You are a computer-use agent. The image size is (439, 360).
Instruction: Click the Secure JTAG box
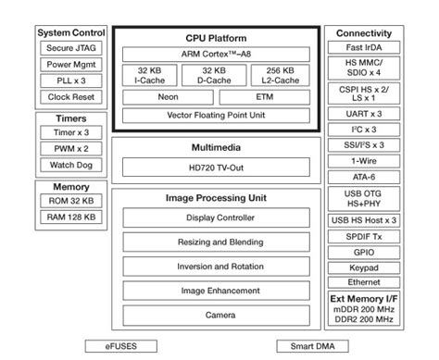[x=72, y=48]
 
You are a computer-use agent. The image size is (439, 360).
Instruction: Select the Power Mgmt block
[x=72, y=65]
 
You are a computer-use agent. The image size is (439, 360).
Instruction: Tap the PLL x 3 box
[x=72, y=81]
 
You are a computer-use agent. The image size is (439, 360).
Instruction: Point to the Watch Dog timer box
[x=72, y=166]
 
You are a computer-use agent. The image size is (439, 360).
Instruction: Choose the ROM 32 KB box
[x=72, y=201]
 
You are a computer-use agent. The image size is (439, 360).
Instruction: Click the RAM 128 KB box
[x=72, y=218]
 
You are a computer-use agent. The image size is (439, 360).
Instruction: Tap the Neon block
[x=167, y=97]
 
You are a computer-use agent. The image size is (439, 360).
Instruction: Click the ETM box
[x=264, y=97]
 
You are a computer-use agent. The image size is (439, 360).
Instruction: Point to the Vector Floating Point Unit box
[x=216, y=116]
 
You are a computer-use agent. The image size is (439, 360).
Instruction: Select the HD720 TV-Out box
[x=216, y=167]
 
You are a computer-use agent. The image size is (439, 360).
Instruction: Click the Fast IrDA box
[x=364, y=48]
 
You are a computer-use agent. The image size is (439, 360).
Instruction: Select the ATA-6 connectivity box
[x=364, y=174]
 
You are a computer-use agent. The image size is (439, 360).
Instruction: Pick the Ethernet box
[x=364, y=282]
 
